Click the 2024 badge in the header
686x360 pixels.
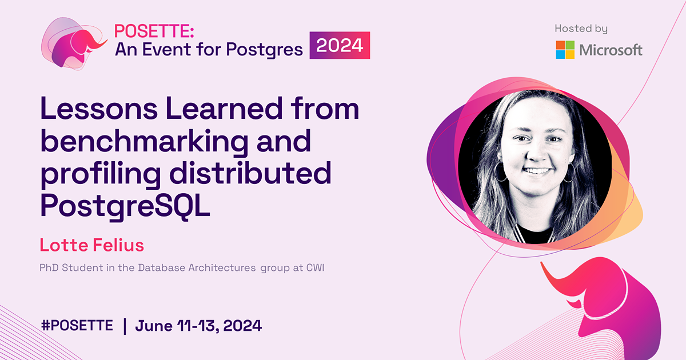point(340,46)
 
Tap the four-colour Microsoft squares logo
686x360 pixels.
point(565,50)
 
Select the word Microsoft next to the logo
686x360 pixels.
point(611,50)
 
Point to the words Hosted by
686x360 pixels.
point(581,29)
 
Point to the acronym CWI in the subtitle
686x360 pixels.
point(315,267)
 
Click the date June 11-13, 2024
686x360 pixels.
point(198,326)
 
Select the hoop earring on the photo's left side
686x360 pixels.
point(500,172)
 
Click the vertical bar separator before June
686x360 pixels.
point(125,326)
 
